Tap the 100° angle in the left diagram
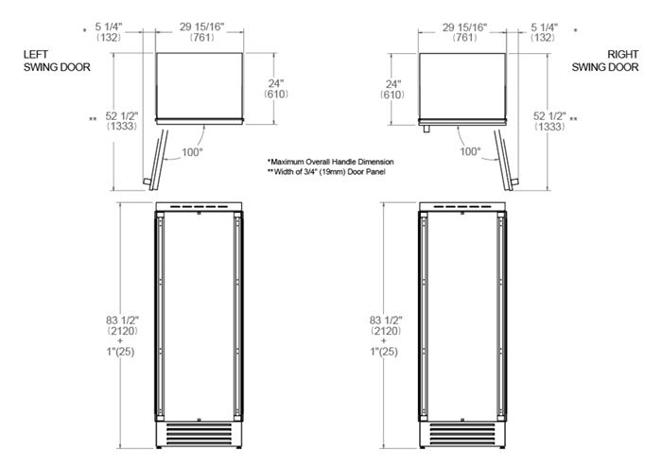coord(193,151)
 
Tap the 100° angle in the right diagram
coord(469,151)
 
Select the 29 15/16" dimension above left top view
coord(200,34)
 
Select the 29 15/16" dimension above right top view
coord(464,34)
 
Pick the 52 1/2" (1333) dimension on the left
coord(123,120)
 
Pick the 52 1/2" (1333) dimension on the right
coord(549,120)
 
